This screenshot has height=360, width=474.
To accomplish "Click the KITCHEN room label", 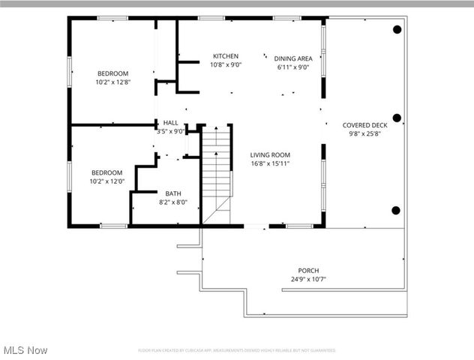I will pyautogui.click(x=226, y=56).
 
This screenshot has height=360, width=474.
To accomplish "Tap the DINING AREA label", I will pyautogui.click(x=293, y=58).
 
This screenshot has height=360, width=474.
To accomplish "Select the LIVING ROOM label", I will pyautogui.click(x=270, y=154).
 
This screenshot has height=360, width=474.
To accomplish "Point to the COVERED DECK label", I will pyautogui.click(x=364, y=125).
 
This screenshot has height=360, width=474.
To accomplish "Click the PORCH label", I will pyautogui.click(x=308, y=271).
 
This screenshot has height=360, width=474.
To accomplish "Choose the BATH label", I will pyautogui.click(x=173, y=193).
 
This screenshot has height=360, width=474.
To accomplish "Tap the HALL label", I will pyautogui.click(x=171, y=122).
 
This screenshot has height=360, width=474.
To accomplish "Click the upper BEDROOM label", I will pyautogui.click(x=113, y=73).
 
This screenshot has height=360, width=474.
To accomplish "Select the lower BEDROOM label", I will pyautogui.click(x=107, y=172).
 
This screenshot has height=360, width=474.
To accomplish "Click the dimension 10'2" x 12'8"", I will pyautogui.click(x=113, y=82).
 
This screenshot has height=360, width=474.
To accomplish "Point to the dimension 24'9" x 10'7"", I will pyautogui.click(x=308, y=280).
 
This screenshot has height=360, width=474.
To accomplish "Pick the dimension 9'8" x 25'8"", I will pyautogui.click(x=364, y=134).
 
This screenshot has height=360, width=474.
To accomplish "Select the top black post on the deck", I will pyautogui.click(x=397, y=29).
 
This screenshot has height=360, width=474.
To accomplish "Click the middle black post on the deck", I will pyautogui.click(x=397, y=118).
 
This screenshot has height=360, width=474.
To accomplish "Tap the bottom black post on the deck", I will pyautogui.click(x=397, y=210).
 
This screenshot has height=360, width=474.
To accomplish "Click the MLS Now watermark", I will pyautogui.click(x=25, y=350).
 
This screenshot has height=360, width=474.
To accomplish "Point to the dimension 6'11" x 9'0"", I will pyautogui.click(x=293, y=67).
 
